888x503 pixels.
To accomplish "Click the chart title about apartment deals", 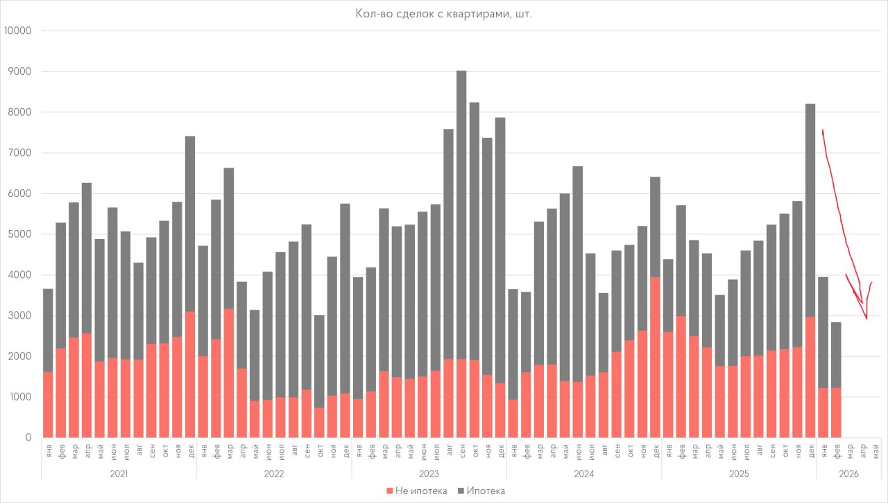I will click(443, 13).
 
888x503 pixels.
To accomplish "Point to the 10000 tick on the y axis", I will click(18, 31).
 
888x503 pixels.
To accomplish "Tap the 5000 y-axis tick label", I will click(21, 234).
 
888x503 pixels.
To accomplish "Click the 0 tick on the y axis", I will click(28, 438).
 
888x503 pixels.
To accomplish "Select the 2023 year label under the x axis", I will click(429, 473).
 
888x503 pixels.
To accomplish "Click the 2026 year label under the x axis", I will click(848, 473).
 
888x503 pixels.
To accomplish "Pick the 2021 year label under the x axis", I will click(119, 473).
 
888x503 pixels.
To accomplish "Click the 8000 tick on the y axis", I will click(21, 112).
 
